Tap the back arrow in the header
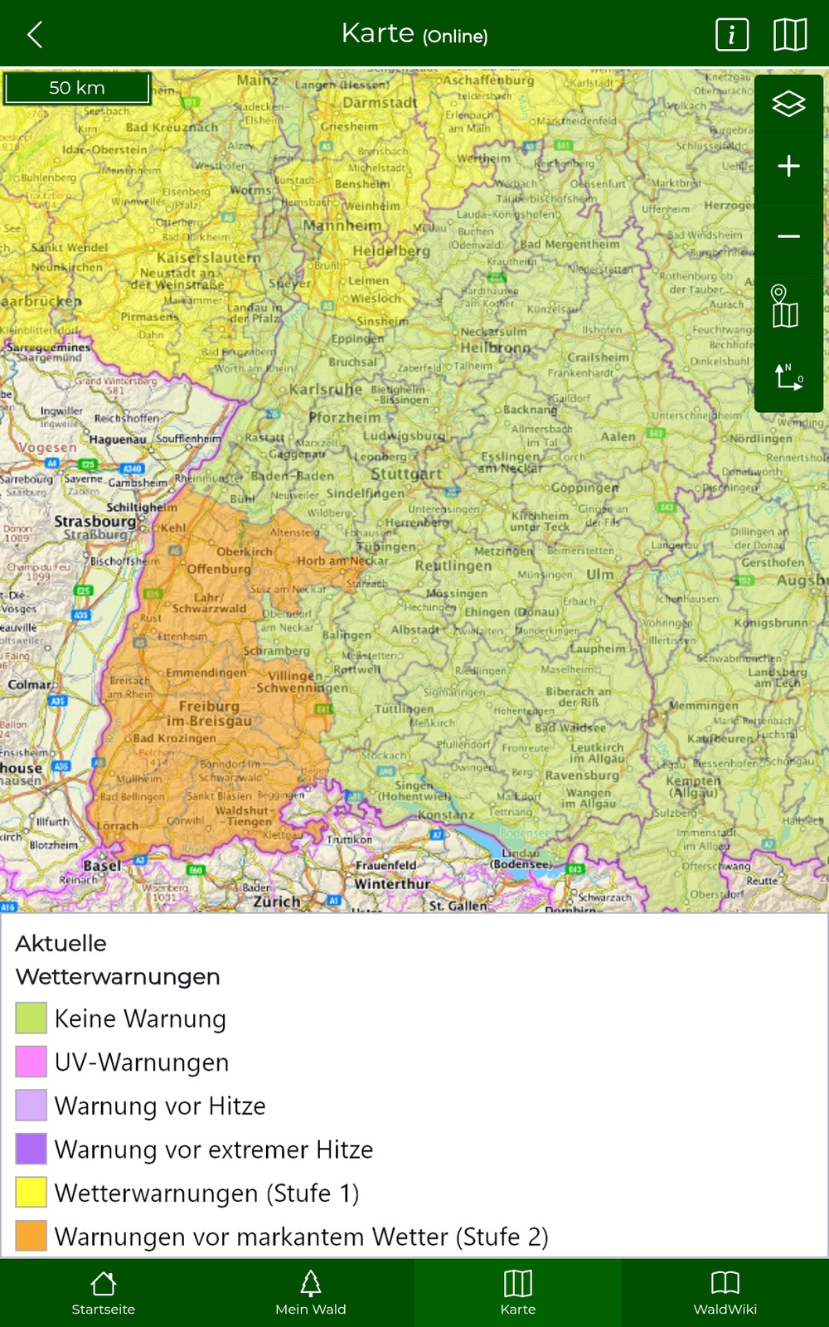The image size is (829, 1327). pyautogui.click(x=35, y=35)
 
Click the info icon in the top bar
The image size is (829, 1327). pyautogui.click(x=731, y=35)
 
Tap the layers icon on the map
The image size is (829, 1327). pyautogui.click(x=788, y=104)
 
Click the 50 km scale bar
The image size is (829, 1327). pyautogui.click(x=77, y=88)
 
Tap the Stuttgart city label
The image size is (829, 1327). pyautogui.click(x=406, y=474)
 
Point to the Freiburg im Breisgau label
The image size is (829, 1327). pyautogui.click(x=209, y=713)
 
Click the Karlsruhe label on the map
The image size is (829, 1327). pyautogui.click(x=325, y=389)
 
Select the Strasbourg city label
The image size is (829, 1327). pyautogui.click(x=95, y=522)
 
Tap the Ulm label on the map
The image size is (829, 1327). pyautogui.click(x=600, y=574)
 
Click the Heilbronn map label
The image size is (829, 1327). pyautogui.click(x=495, y=348)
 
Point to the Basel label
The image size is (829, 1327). pyautogui.click(x=102, y=865)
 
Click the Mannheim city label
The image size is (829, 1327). pyautogui.click(x=342, y=226)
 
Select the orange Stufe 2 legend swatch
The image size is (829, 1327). pyautogui.click(x=31, y=1236)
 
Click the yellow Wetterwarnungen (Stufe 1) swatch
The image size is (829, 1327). pyautogui.click(x=31, y=1193)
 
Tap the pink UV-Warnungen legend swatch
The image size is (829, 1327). pyautogui.click(x=31, y=1062)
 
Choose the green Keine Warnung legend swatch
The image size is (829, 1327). pyautogui.click(x=31, y=1018)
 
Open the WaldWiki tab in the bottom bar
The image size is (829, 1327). pyautogui.click(x=725, y=1293)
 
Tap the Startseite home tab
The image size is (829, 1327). pyautogui.click(x=104, y=1293)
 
